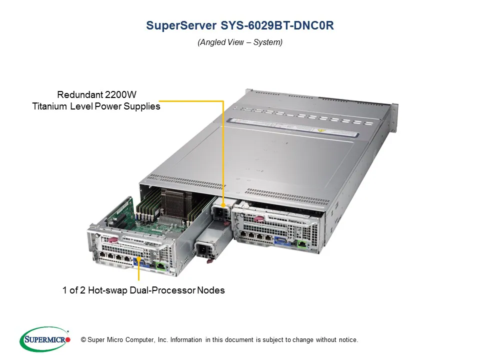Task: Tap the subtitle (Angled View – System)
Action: [x=240, y=42]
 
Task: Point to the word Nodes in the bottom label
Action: [x=211, y=290]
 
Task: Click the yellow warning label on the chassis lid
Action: [x=319, y=129]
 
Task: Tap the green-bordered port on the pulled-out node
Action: [x=160, y=265]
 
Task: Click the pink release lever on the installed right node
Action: [x=258, y=218]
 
